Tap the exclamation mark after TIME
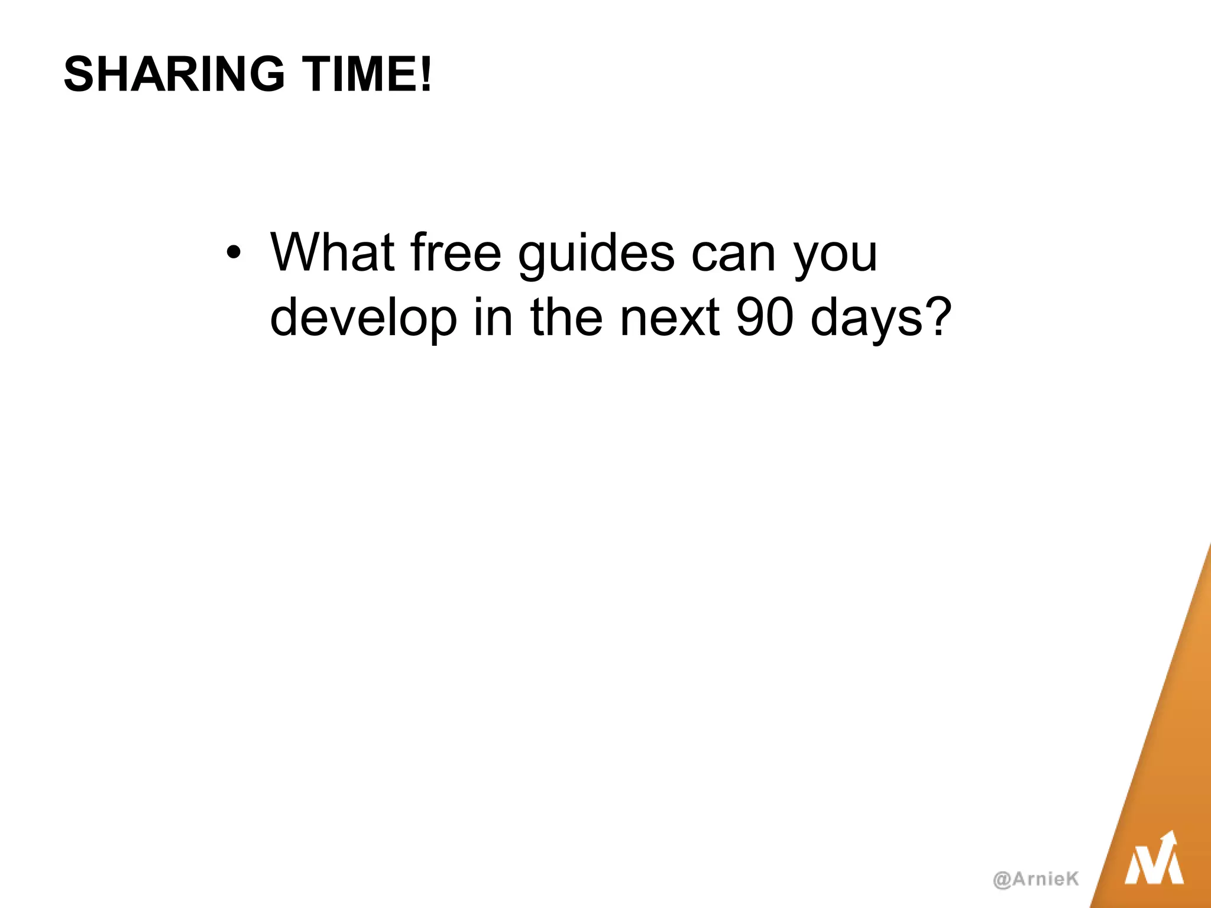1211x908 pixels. (x=426, y=74)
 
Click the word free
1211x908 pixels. (x=455, y=253)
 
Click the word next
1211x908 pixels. (x=669, y=318)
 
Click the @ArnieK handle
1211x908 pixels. (x=1036, y=878)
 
